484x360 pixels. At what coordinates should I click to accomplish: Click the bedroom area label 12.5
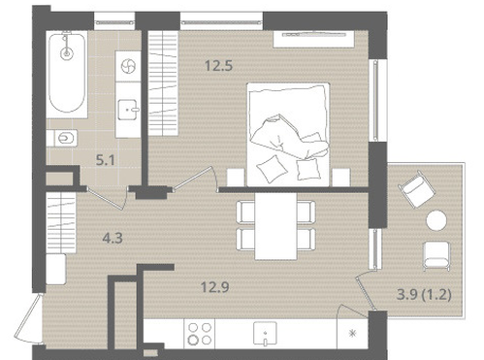(218, 66)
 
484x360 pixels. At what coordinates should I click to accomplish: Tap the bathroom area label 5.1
(106, 160)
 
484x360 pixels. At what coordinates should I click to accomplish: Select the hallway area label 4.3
(113, 239)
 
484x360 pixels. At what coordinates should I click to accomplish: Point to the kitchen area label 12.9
(215, 287)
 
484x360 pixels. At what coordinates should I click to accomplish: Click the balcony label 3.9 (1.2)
(424, 295)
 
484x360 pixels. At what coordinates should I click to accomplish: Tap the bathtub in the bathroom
(67, 73)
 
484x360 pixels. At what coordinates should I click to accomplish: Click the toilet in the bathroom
(64, 139)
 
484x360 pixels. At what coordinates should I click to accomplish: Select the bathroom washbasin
(128, 110)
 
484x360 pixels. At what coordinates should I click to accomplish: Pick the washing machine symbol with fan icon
(128, 66)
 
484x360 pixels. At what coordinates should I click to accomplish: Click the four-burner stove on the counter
(200, 334)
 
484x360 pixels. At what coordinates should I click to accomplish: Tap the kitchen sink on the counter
(265, 334)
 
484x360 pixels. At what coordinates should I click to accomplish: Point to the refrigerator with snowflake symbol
(352, 334)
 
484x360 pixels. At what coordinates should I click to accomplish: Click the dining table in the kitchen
(275, 226)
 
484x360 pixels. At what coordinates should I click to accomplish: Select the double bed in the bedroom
(288, 135)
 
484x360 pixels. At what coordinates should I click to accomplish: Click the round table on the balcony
(436, 220)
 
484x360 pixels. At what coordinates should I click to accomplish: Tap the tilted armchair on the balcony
(417, 189)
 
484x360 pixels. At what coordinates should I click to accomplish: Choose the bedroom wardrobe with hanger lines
(163, 83)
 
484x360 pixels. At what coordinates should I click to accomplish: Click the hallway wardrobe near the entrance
(61, 223)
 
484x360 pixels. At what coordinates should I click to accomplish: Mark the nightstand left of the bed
(236, 178)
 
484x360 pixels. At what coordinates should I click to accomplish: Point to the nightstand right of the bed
(341, 178)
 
